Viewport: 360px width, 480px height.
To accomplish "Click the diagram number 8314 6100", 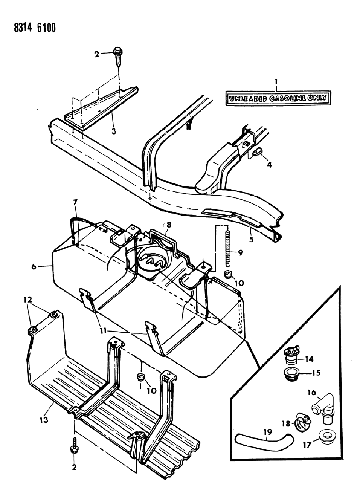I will coord(30,28).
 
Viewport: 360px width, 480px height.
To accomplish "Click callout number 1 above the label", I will coord(276,81).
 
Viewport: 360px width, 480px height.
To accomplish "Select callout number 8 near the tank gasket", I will coord(169,225).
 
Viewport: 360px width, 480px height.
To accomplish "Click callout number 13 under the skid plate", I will coord(44,419).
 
